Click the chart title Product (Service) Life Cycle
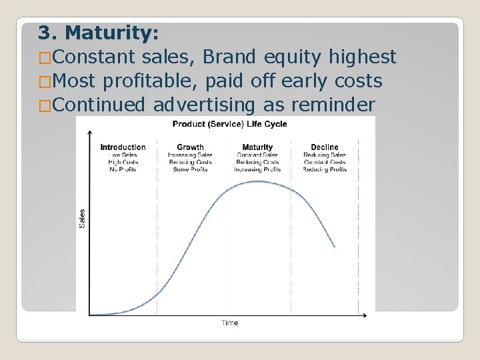tap(229, 124)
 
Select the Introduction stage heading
tap(123, 147)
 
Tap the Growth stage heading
tap(190, 147)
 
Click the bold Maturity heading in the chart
tap(257, 147)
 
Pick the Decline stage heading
tap(325, 147)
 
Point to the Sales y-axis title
tap(83, 218)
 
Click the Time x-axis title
tap(229, 323)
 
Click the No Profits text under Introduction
tap(123, 169)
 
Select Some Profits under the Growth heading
tap(190, 169)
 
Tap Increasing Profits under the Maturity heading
tap(257, 169)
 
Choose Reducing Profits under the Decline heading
tap(325, 169)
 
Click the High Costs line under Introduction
tap(123, 162)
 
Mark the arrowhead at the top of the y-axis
tap(91, 129)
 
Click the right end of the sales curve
tap(335, 247)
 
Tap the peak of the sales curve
tap(257, 181)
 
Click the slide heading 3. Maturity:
tap(98, 32)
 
